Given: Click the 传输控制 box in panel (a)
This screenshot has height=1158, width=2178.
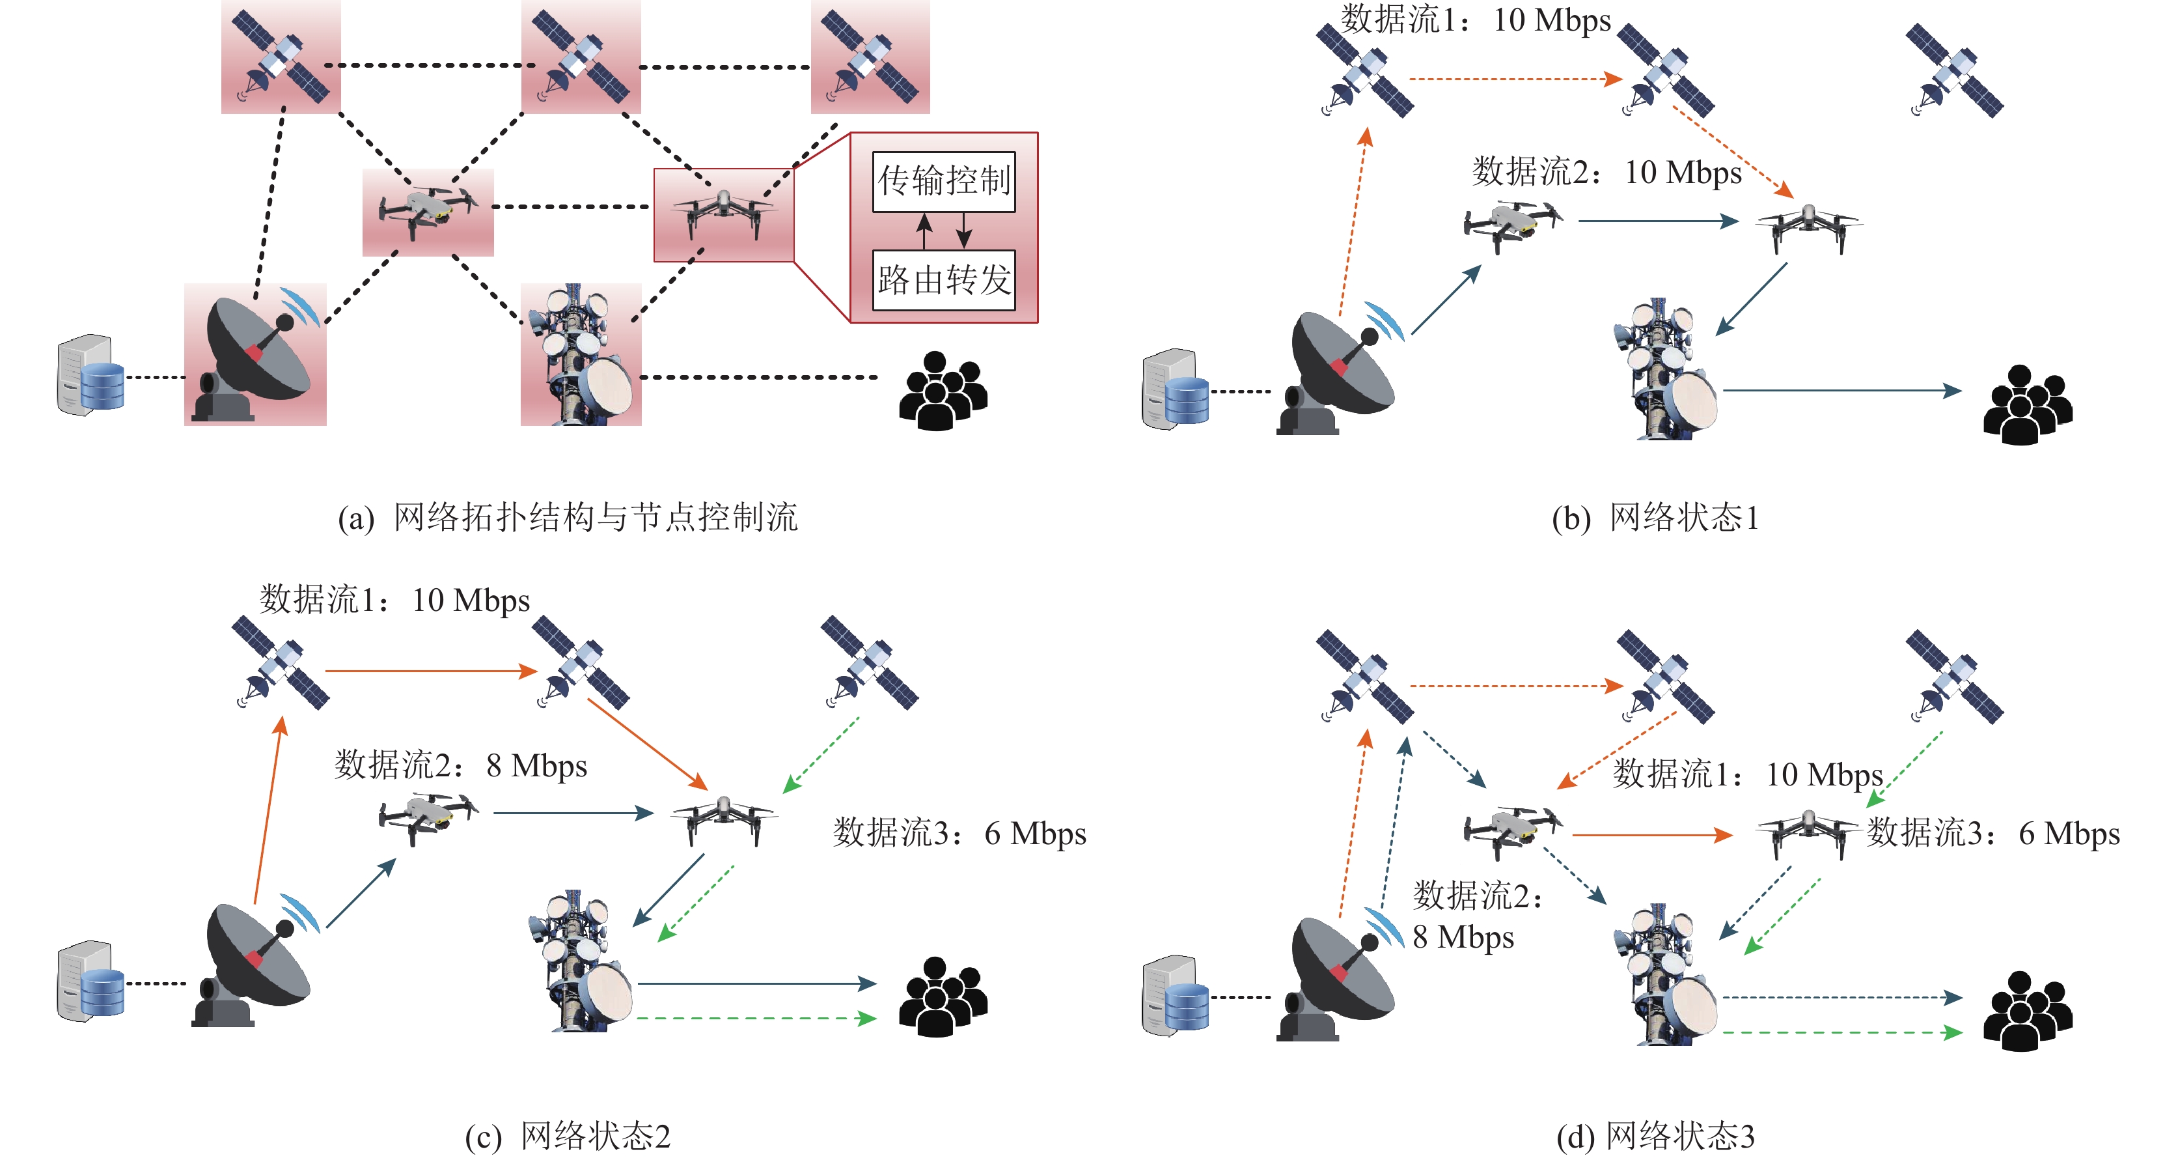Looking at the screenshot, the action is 944,181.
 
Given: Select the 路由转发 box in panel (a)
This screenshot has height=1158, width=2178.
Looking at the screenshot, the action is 944,280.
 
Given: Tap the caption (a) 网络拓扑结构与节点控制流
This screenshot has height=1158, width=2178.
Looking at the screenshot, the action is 568,518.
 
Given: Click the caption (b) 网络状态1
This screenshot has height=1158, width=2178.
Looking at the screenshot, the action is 1655,518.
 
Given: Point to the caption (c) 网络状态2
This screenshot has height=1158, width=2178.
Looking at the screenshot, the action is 568,1136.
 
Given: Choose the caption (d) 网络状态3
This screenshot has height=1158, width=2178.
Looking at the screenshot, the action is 1655,1136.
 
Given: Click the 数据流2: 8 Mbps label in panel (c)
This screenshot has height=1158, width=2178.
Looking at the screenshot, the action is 461,765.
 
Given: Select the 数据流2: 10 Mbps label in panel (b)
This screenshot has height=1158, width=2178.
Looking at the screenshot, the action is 1607,172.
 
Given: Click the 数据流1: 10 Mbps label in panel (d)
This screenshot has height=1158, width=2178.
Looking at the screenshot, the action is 1748,774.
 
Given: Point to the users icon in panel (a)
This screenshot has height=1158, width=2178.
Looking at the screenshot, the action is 943,391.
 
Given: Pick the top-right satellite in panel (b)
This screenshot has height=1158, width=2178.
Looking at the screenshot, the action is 1955,70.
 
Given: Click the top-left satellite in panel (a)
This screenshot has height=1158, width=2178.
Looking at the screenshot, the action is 280,57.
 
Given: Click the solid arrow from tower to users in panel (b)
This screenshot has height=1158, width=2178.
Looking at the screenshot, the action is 1842,391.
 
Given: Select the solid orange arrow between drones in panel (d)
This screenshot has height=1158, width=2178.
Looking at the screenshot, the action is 1653,835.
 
